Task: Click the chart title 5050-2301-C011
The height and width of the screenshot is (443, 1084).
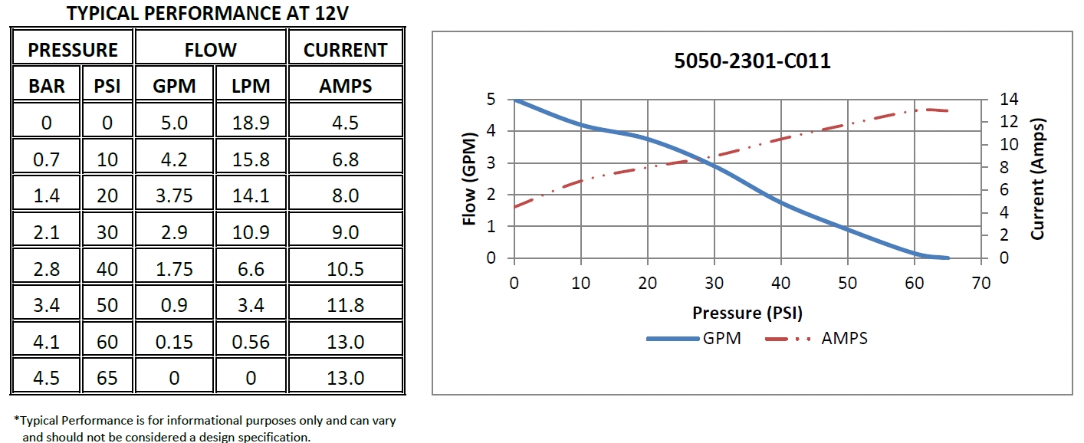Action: tap(752, 62)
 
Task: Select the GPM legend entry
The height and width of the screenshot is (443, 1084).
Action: tap(721, 338)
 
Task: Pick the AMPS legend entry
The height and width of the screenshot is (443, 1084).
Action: tap(844, 338)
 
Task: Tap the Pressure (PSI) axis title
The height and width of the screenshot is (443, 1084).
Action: tap(747, 313)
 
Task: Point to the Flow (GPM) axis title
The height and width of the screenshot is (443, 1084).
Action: tap(470, 179)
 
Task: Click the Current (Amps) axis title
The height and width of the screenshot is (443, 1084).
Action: tap(1038, 179)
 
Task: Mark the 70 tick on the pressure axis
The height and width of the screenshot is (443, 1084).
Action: tap(981, 283)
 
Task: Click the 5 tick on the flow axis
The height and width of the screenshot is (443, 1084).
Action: tap(491, 100)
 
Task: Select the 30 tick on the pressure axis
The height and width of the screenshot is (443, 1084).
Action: tap(714, 283)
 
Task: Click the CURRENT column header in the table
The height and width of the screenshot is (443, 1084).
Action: tap(345, 50)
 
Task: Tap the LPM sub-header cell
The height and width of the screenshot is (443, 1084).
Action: tap(251, 86)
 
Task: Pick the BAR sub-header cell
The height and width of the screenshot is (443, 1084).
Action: tap(47, 86)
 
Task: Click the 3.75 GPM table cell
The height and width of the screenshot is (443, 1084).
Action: tap(174, 195)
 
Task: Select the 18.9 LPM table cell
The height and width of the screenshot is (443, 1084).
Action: tap(251, 123)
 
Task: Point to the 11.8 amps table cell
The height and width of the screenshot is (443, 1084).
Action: tap(345, 305)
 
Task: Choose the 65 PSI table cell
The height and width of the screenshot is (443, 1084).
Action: tap(107, 378)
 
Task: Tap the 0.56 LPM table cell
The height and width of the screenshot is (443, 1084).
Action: tap(251, 342)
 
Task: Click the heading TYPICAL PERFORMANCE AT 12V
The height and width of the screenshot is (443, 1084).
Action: tap(202, 13)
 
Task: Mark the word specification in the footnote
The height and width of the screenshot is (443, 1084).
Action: tap(274, 437)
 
